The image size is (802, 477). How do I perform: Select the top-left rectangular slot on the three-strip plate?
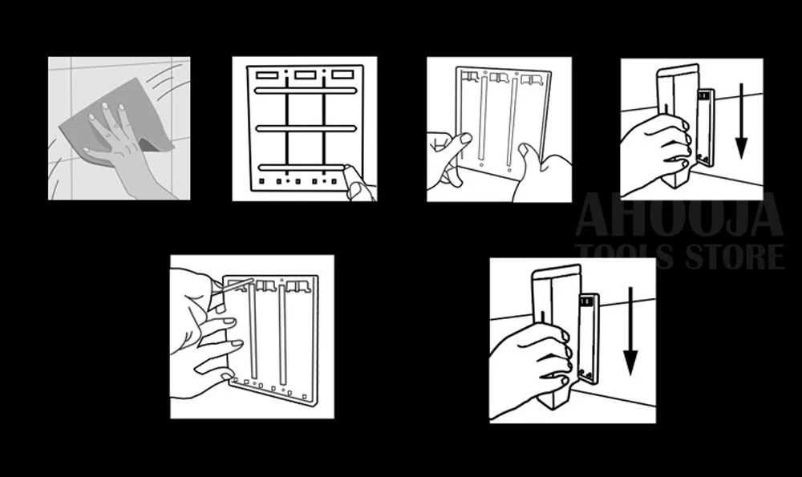pos(266,75)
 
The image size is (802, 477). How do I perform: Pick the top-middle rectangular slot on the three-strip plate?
pos(306,75)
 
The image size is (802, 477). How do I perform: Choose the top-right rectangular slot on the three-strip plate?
pos(342,75)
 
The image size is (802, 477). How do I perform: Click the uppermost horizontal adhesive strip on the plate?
pos(306,91)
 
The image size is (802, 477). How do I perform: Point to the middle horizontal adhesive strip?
pos(306,128)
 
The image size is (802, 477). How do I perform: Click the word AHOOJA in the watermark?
pos(679,215)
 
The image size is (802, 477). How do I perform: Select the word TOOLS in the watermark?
pos(624,257)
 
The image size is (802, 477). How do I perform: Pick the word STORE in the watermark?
pos(735,257)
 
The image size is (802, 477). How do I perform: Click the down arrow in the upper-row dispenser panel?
pos(741,121)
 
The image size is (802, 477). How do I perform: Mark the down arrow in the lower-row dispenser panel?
pos(630,331)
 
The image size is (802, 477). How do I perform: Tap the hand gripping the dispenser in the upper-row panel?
pos(654,148)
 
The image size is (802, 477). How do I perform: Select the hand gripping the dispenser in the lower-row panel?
pos(529,368)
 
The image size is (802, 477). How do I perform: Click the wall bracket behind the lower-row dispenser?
pos(589,338)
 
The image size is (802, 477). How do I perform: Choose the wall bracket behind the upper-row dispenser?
pos(706,127)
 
